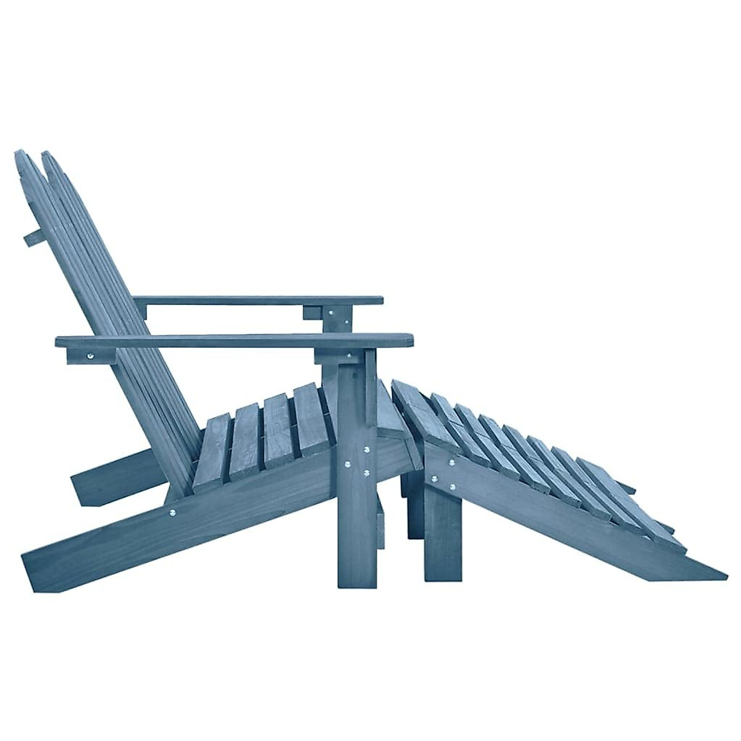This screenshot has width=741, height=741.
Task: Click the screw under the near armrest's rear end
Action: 91,356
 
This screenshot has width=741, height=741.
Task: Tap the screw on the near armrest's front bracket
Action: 350,356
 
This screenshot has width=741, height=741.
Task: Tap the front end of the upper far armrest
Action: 378,301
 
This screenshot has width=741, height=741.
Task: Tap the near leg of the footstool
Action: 442,543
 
